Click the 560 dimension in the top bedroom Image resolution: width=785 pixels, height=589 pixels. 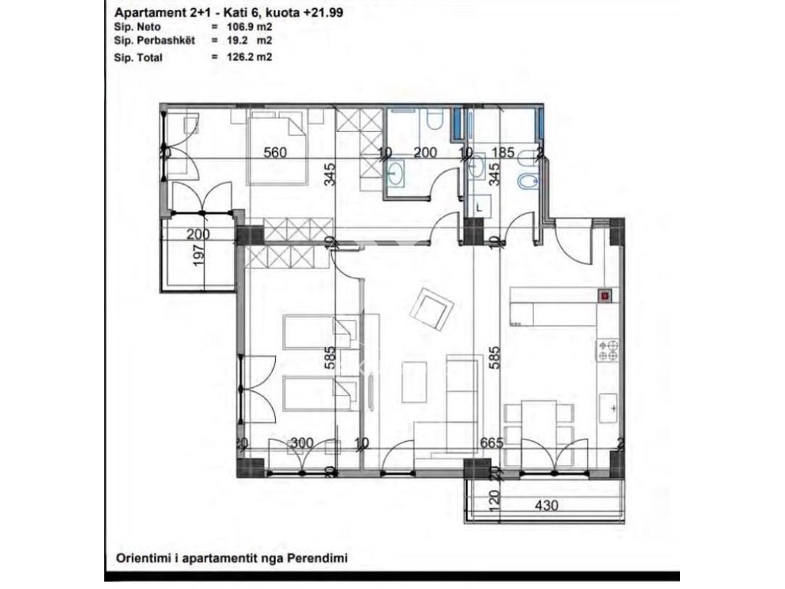[274, 152]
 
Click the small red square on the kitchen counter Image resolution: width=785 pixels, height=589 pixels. [605, 294]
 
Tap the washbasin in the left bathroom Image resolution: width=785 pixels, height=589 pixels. [398, 174]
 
